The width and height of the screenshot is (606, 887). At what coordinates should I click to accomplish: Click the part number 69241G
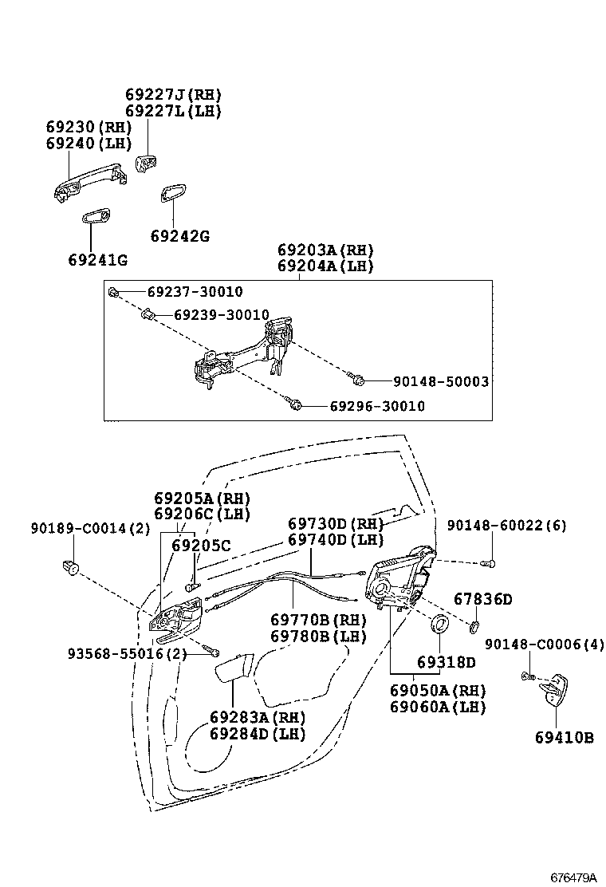tap(98, 260)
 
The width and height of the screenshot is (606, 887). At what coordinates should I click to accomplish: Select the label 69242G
tap(179, 236)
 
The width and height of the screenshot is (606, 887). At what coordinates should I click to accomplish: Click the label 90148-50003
tap(440, 382)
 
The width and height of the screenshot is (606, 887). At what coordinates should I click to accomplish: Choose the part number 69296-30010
tap(376, 406)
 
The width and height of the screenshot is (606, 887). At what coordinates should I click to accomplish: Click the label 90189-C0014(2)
tap(90, 527)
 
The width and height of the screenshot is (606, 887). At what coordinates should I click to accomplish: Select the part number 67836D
tap(482, 598)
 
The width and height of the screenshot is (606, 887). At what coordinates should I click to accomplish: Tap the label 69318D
tap(446, 662)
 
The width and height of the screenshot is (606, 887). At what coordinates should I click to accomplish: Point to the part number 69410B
tap(564, 738)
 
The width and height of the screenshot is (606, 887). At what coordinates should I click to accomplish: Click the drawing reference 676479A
tap(573, 877)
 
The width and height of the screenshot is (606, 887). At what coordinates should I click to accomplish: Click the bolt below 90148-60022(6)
tap(490, 563)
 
